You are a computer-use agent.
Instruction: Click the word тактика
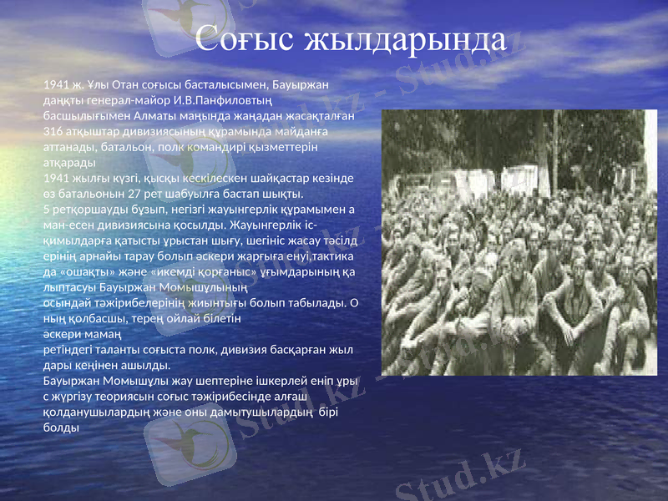330,256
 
